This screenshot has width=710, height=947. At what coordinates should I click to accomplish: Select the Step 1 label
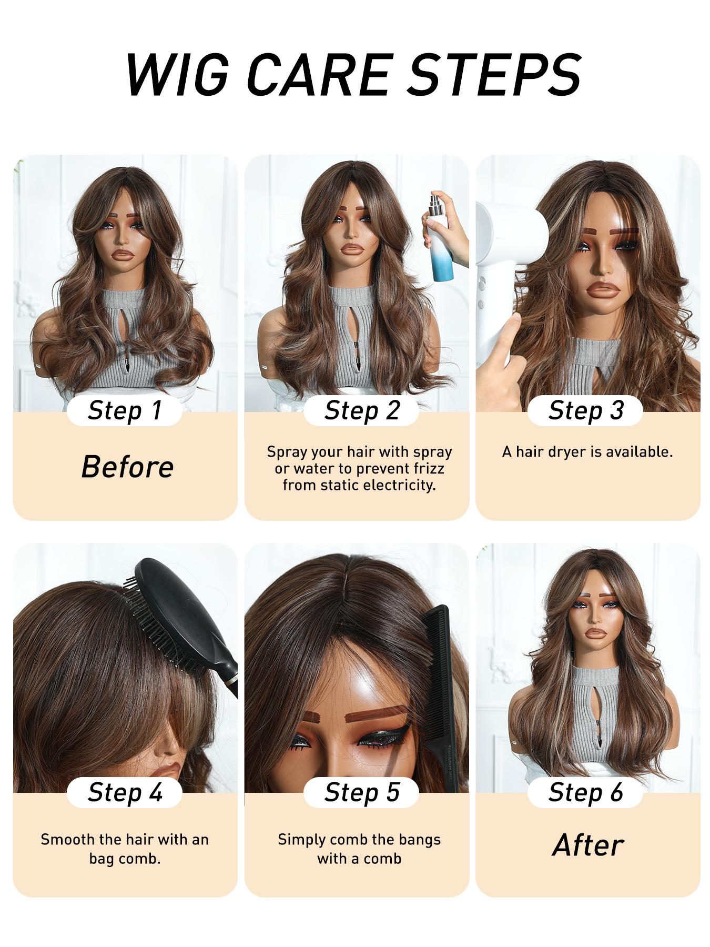coord(125,410)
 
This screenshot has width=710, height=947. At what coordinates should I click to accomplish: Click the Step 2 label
coord(362,410)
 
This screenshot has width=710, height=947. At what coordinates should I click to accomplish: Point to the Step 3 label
coord(585,410)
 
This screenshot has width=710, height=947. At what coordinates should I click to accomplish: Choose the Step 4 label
coord(125,792)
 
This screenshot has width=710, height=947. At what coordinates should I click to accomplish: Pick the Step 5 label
coord(362,792)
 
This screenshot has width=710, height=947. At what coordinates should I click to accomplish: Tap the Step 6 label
coord(585,792)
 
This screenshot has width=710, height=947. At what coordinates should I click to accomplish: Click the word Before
coord(127,467)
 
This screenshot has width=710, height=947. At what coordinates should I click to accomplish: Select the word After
coord(588,845)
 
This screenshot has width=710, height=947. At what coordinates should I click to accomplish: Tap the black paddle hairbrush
coord(184,621)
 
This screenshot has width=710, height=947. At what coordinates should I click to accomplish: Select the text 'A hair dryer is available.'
coord(587,452)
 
